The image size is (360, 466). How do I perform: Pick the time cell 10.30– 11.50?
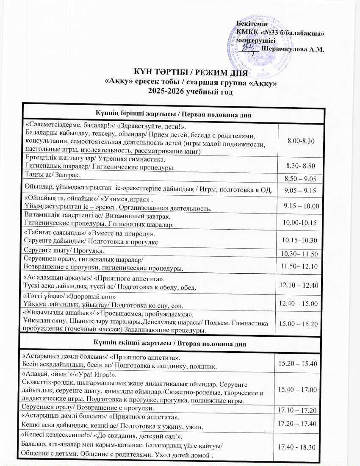(299, 253)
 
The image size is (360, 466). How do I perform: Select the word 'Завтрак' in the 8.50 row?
(74, 175)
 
